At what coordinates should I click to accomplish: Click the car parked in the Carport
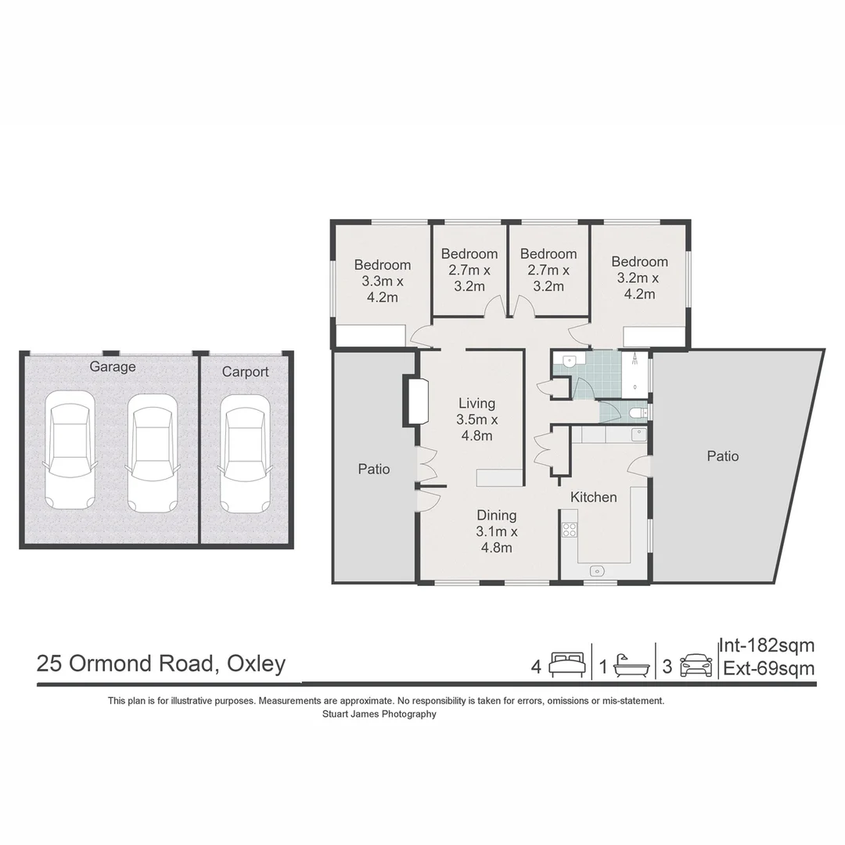(246, 454)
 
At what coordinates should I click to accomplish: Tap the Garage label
(113, 367)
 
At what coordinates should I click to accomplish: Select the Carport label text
(245, 372)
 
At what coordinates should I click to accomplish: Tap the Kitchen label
(594, 497)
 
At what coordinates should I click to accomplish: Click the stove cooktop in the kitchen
(569, 530)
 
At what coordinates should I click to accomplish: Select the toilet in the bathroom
(638, 412)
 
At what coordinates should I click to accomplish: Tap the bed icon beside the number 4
(567, 665)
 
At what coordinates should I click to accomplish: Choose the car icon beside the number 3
(696, 666)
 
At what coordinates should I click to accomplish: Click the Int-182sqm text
(768, 645)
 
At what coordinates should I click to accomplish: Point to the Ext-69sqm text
(769, 669)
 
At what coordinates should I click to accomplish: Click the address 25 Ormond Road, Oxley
(161, 664)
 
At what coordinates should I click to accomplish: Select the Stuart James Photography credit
(379, 714)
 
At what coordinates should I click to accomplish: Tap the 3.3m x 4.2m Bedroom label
(382, 281)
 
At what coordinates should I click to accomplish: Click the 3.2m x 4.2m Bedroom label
(639, 278)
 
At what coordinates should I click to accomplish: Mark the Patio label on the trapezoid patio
(723, 456)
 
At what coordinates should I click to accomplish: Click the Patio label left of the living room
(374, 469)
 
